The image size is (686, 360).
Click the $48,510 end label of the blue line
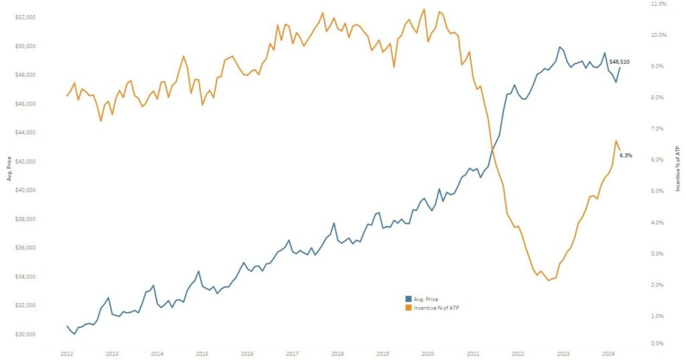pyautogui.click(x=619, y=62)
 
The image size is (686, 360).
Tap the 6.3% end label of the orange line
pyautogui.click(x=626, y=156)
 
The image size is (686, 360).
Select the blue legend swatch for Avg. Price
pyautogui.click(x=408, y=298)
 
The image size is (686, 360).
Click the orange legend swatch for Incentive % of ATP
pyautogui.click(x=408, y=307)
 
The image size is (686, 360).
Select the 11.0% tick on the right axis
pyautogui.click(x=659, y=4)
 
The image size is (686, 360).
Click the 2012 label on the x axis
pyautogui.click(x=66, y=353)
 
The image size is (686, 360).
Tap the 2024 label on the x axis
pyautogui.click(x=608, y=353)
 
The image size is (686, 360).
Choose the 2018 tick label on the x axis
pyautogui.click(x=338, y=353)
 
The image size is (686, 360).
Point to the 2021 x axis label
pyautogui.click(x=473, y=353)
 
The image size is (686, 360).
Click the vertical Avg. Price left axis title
pyautogui.click(x=9, y=170)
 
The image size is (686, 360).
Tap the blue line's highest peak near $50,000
pyautogui.click(x=559, y=47)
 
